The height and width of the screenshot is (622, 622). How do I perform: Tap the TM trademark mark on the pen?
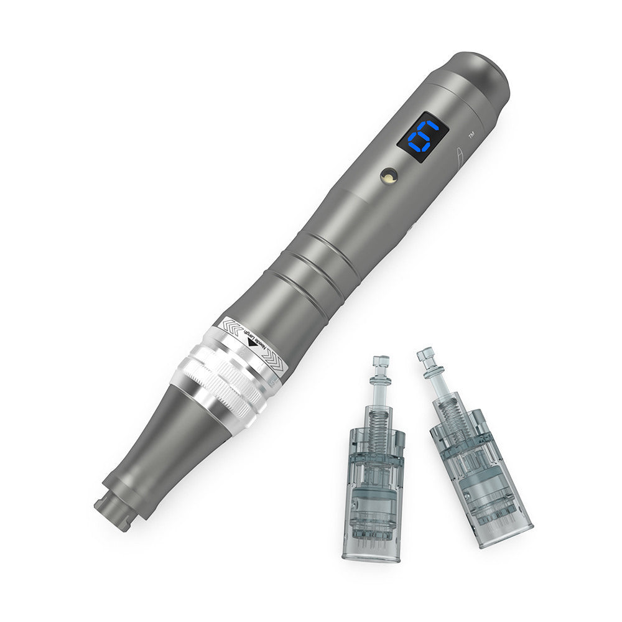471,135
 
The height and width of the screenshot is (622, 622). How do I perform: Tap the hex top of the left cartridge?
381,361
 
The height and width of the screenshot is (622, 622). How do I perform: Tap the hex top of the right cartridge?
425,354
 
